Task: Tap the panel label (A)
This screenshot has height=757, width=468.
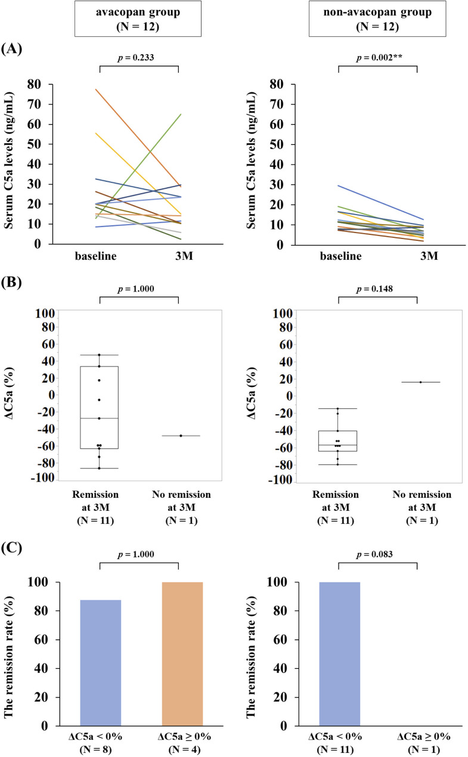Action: (x=13, y=49)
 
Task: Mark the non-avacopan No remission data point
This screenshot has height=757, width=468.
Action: (x=420, y=382)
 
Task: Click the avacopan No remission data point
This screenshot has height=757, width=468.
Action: (x=181, y=436)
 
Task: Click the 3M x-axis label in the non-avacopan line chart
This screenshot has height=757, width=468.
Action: (x=429, y=256)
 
